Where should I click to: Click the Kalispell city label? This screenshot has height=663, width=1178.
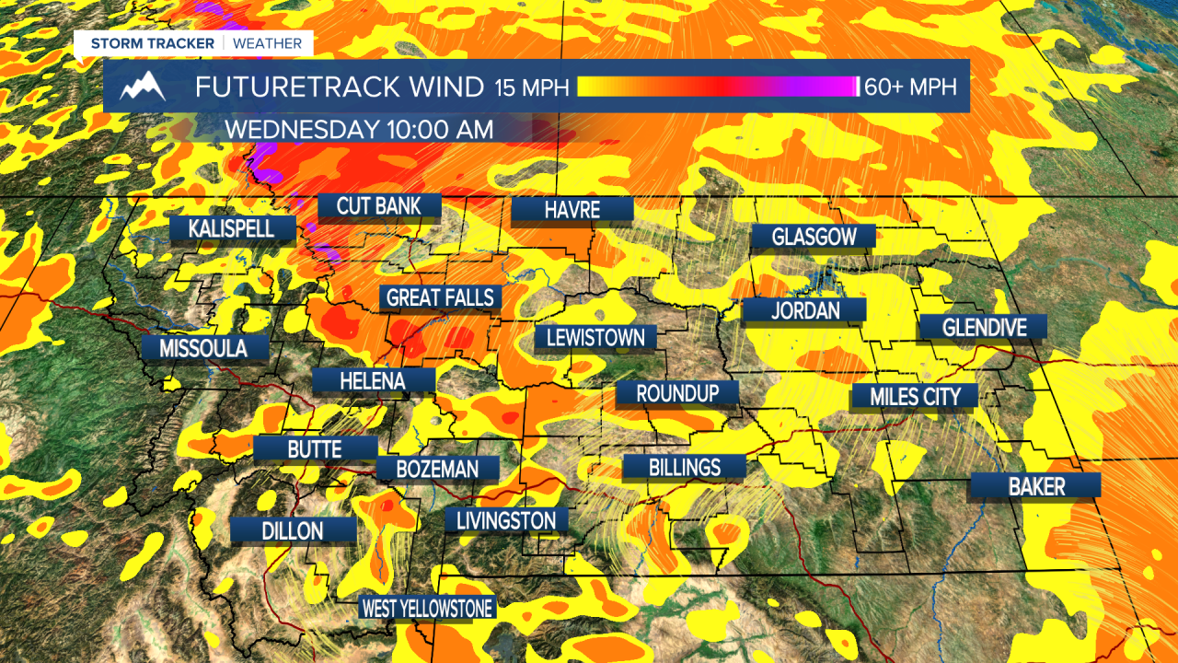[232, 227]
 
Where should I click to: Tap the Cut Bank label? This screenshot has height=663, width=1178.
[379, 205]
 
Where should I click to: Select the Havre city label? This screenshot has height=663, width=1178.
[572, 210]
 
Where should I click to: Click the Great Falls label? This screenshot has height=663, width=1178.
[441, 297]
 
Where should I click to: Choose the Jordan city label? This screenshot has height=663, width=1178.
[804, 310]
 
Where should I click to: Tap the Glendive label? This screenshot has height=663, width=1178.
[982, 327]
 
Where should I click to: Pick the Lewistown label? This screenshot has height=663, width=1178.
[595, 337]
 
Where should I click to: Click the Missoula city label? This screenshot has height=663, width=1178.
[203, 348]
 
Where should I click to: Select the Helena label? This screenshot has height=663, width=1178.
[373, 379]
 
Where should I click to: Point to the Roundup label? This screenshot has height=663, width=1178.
[676, 393]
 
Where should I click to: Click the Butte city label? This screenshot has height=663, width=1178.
[315, 448]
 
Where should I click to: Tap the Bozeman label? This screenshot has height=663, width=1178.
[437, 469]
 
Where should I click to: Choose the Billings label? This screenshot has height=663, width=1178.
[684, 467]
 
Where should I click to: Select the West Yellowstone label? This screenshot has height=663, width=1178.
[427, 608]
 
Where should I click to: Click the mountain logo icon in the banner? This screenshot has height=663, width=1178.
[143, 87]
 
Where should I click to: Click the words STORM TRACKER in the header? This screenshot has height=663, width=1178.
[152, 43]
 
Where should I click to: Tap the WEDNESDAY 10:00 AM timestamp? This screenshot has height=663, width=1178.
[359, 129]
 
